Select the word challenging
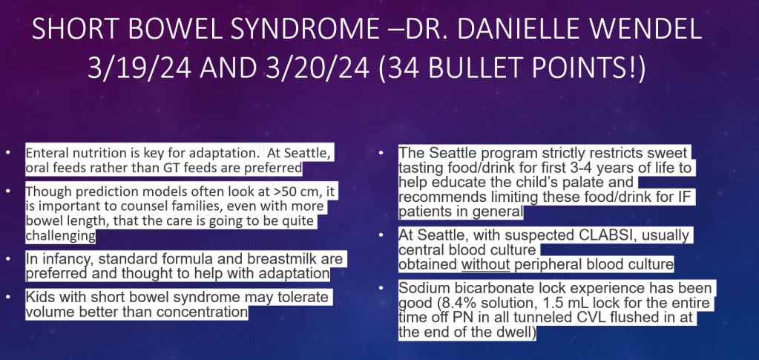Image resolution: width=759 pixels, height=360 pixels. pyautogui.click(x=60, y=236)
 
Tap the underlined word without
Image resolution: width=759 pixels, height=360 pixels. pyautogui.click(x=485, y=264)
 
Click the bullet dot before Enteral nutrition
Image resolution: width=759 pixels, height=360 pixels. pyautogui.click(x=7, y=153)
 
